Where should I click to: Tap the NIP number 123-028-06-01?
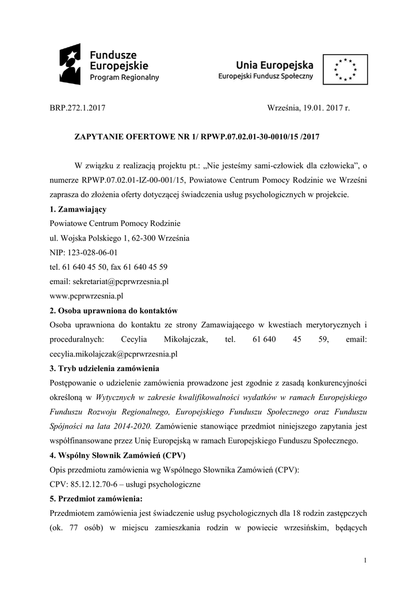94,253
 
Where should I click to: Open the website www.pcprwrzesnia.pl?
87,296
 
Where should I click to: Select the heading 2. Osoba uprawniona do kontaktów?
114,311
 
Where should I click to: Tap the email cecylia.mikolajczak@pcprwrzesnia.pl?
114,354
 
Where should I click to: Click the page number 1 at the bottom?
366,561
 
